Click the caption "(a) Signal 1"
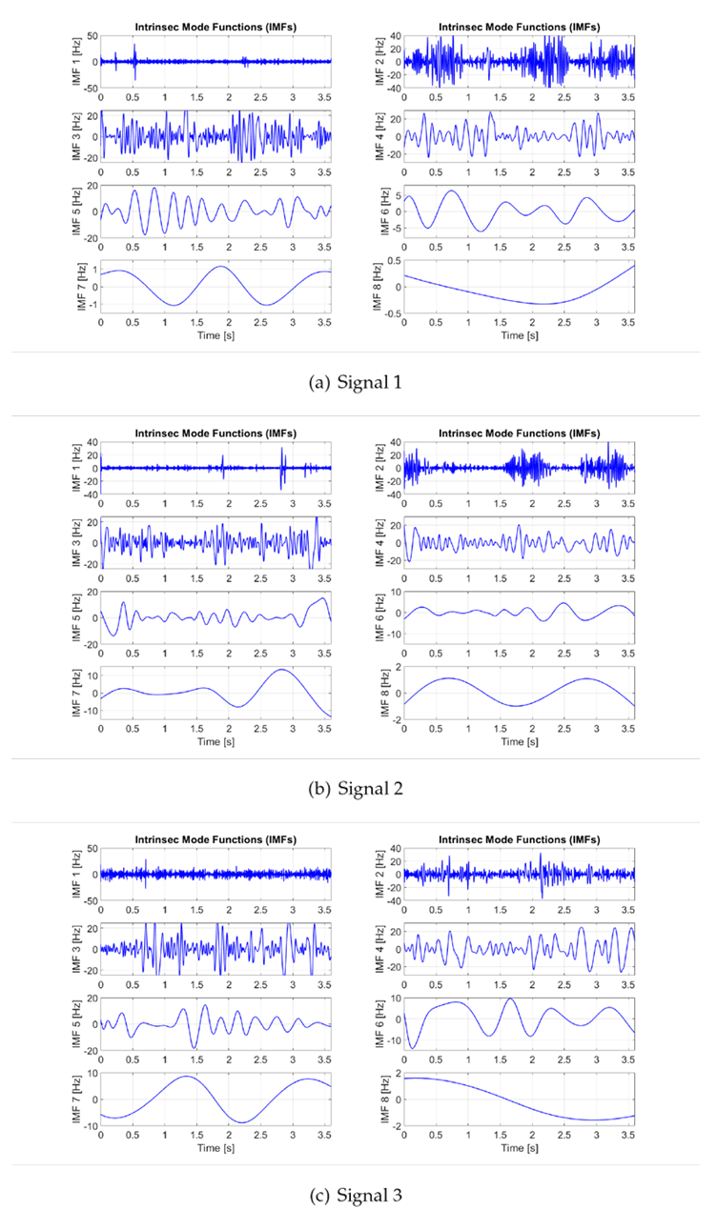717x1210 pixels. [357, 383]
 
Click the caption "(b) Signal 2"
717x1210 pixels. [357, 789]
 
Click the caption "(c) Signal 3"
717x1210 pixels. [357, 1195]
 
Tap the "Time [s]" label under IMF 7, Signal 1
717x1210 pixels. [215, 335]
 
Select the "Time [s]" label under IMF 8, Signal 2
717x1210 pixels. [520, 741]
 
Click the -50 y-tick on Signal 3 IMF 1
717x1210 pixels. [90, 900]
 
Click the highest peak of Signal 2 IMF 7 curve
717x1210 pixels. [281, 671]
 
